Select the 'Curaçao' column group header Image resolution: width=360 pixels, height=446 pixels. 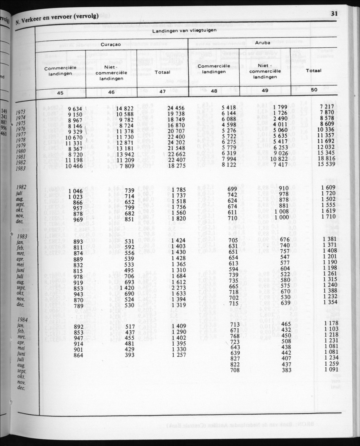click(111, 44)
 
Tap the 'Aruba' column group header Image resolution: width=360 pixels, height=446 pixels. click(263, 43)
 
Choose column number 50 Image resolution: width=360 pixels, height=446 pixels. click(314, 90)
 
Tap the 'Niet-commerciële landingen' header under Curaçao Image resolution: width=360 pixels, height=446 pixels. click(111, 72)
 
